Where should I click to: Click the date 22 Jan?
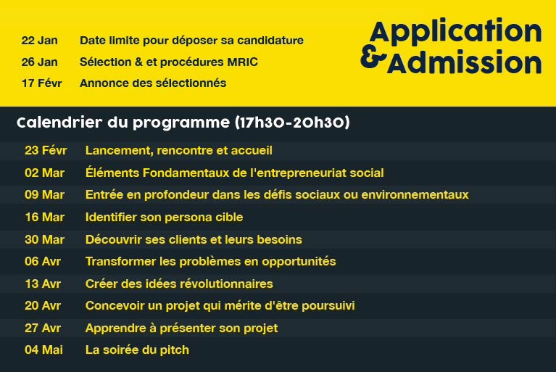pyautogui.click(x=39, y=41)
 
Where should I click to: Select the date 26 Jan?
pyautogui.click(x=39, y=62)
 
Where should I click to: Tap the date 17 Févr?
pyautogui.click(x=42, y=83)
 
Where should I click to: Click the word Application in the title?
pyautogui.click(x=456, y=33)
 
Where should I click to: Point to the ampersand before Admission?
pyautogui.click(x=373, y=58)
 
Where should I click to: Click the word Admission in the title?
pyautogui.click(x=465, y=62)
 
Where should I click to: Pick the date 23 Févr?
pyautogui.click(x=46, y=150)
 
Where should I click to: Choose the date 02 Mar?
pyautogui.click(x=45, y=173)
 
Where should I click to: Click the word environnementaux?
pyautogui.click(x=415, y=195)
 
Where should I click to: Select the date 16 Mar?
pyautogui.click(x=45, y=218)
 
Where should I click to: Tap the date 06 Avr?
pyautogui.click(x=43, y=262)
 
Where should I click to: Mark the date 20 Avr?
pyautogui.click(x=43, y=306)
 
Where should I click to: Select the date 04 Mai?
pyautogui.click(x=44, y=350)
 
